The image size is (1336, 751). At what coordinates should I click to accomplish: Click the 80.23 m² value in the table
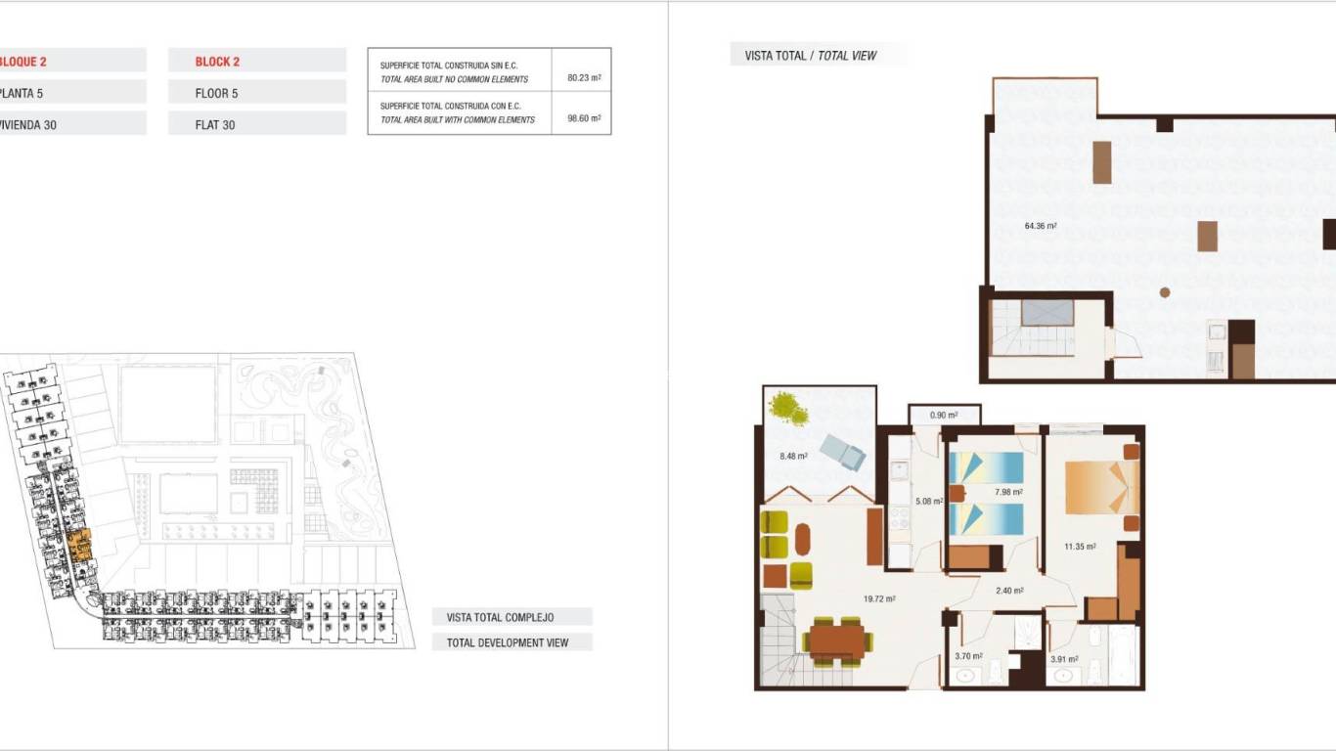[x=583, y=77]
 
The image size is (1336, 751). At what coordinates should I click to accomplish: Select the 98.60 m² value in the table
[x=583, y=118]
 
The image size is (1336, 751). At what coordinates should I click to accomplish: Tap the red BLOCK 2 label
[x=217, y=62]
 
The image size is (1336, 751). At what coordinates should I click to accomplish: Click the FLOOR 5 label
[x=216, y=93]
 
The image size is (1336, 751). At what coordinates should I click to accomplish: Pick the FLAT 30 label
[x=215, y=124]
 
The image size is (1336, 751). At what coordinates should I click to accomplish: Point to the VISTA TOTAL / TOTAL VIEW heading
[x=811, y=56]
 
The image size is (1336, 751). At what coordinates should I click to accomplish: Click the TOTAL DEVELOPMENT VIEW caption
[x=508, y=642]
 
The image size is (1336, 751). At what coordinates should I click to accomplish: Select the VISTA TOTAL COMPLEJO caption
[x=501, y=617]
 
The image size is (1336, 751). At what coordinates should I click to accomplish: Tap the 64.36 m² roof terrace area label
[x=1041, y=226]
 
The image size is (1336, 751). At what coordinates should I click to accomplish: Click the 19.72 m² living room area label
[x=880, y=599]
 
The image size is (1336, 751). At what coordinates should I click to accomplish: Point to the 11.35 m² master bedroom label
[x=1080, y=547]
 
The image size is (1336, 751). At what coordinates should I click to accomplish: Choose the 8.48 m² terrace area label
[x=793, y=456]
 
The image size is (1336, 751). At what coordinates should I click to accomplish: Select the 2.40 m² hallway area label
[x=1009, y=591]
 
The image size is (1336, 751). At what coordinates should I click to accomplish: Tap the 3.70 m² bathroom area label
[x=968, y=656]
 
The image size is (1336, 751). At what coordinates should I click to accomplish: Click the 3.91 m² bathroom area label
[x=1064, y=659]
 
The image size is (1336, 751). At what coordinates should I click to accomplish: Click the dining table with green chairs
[x=836, y=641]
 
